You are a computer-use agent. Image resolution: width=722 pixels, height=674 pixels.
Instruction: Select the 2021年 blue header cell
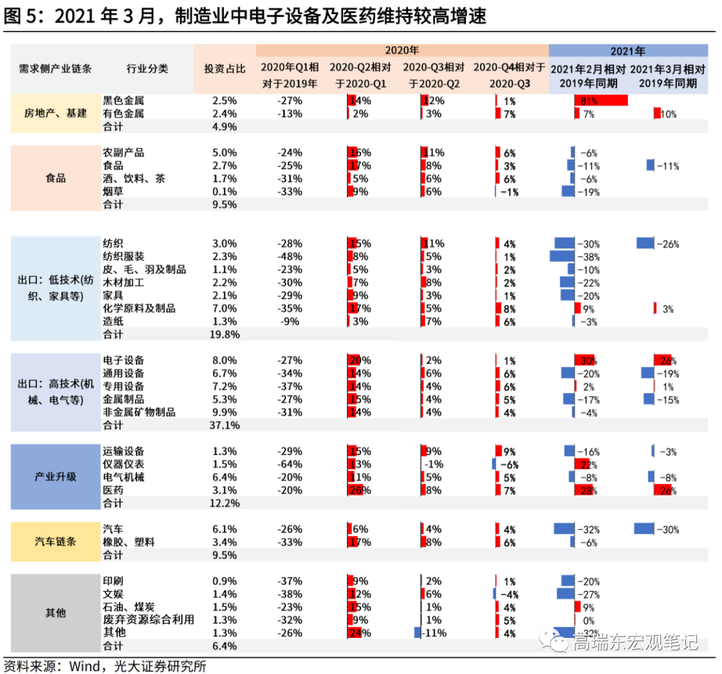628,50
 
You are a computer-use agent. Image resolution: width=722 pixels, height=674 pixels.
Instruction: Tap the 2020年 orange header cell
402,50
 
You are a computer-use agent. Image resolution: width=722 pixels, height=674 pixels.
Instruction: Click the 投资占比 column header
225,68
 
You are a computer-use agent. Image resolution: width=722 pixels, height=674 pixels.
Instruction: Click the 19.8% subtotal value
225,334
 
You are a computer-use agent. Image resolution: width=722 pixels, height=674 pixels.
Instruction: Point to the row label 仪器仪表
124,464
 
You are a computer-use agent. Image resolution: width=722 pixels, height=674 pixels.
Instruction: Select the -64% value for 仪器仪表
289,464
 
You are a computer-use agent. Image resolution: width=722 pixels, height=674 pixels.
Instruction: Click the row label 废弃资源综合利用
148,620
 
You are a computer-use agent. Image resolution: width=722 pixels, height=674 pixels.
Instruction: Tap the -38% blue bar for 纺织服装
562,256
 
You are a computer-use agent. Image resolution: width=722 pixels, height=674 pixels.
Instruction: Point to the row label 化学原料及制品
139,308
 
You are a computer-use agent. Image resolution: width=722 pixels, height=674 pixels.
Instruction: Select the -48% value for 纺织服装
289,256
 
